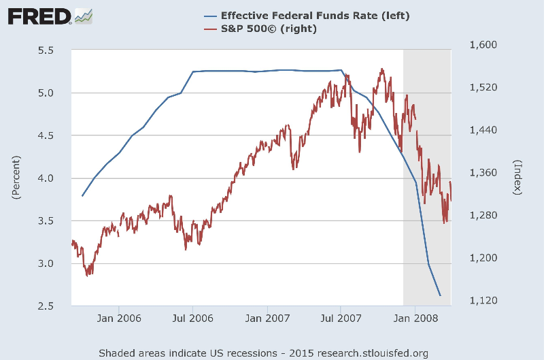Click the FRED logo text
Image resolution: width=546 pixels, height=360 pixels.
(39, 15)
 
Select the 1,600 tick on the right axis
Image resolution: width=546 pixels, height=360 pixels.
(483, 45)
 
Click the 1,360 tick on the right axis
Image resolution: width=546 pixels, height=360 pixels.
(483, 173)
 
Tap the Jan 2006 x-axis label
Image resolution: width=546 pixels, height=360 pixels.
(118, 318)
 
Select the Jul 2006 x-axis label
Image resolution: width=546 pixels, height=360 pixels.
(192, 318)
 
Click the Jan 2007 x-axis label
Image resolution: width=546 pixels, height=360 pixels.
(267, 318)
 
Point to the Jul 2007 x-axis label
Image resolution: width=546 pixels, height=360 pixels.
(341, 318)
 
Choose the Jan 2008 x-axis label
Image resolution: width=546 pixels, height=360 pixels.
(415, 318)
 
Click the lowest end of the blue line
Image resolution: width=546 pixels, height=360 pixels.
(441, 295)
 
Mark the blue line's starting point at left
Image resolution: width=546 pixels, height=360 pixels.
(82, 196)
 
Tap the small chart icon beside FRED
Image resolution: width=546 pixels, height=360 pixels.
(84, 15)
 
